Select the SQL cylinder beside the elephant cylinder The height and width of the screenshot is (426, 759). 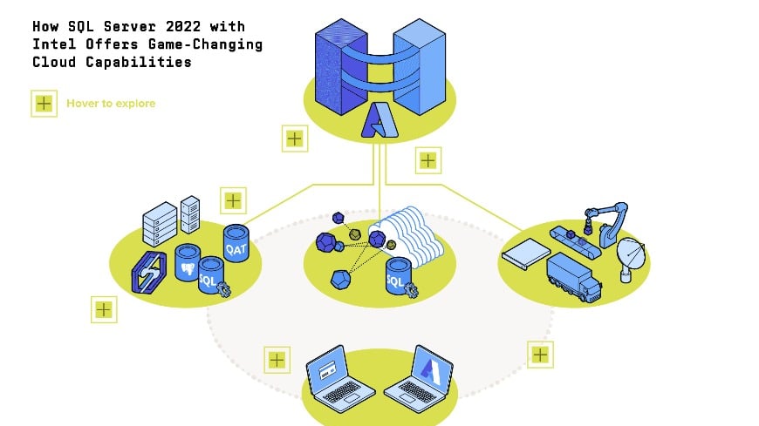pos(210,278)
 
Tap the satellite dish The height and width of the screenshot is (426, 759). pos(632,258)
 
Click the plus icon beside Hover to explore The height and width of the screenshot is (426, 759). pos(44,104)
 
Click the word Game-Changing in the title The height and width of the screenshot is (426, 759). pos(215,44)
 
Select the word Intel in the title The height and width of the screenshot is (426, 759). pos(51,44)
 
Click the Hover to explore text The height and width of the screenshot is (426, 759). pos(111,104)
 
